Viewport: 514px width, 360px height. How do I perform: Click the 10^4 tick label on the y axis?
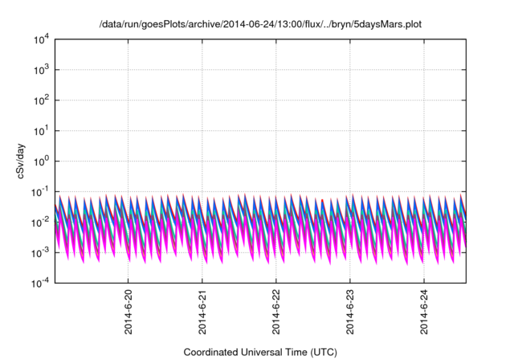[x=41, y=39]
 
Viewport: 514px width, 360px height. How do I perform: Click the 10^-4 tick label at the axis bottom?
[x=40, y=283]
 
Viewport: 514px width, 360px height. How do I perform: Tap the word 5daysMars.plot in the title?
[x=387, y=24]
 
